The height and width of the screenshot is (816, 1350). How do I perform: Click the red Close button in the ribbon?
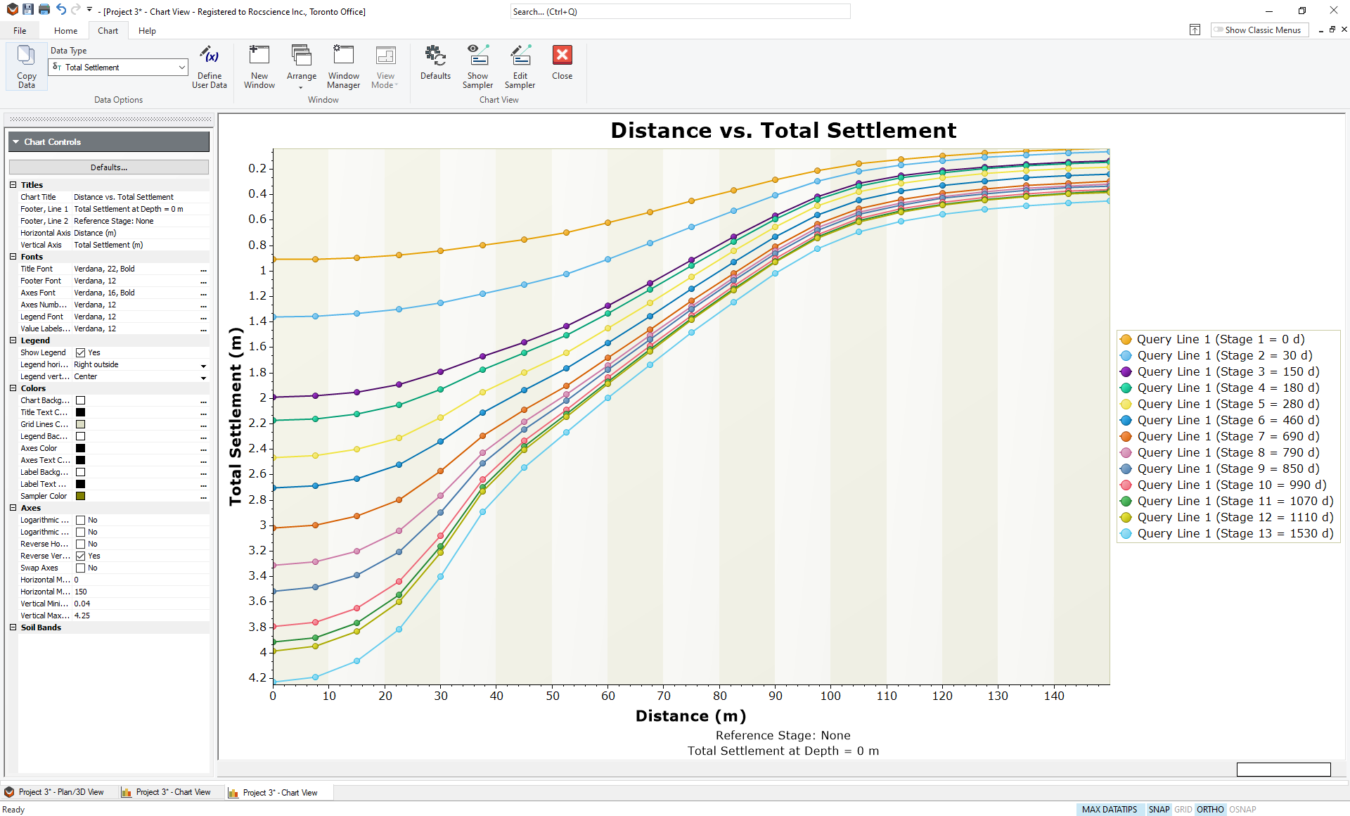(562, 63)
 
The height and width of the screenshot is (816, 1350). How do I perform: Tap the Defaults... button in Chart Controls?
(109, 167)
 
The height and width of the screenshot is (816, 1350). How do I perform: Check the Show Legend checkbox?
(81, 353)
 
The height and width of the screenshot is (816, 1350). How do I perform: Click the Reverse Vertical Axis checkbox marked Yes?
(81, 556)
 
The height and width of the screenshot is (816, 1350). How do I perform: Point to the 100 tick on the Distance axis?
(830, 696)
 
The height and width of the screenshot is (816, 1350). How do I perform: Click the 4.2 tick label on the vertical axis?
(257, 677)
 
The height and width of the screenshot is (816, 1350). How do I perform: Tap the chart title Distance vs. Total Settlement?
(783, 130)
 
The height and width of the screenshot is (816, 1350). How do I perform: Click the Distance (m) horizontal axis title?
(690, 716)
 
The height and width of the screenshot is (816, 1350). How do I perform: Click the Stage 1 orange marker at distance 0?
(274, 260)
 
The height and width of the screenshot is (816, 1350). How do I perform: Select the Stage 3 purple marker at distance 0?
(274, 397)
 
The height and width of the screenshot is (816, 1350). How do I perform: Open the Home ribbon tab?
(65, 31)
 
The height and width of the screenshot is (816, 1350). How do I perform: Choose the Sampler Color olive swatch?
(81, 497)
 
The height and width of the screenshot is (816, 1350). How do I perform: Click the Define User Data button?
(210, 66)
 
